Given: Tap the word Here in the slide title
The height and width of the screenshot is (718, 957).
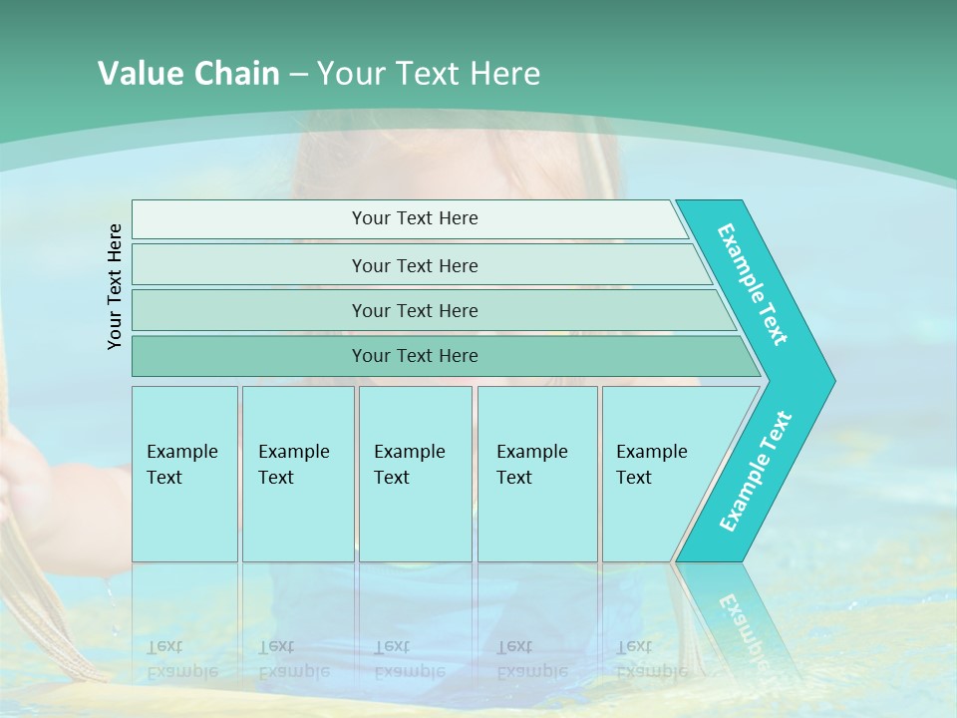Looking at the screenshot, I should [x=504, y=73].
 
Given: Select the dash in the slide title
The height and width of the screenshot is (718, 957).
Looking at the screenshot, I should [x=298, y=74].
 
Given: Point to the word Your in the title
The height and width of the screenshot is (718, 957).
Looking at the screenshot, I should [x=350, y=73].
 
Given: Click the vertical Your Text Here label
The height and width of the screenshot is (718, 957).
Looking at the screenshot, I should [x=115, y=286].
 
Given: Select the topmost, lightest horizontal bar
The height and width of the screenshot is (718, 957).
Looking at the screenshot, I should [x=415, y=218].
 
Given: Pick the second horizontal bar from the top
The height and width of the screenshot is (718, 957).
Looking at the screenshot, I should [x=415, y=265].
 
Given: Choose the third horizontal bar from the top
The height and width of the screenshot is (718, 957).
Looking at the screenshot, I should [x=415, y=310].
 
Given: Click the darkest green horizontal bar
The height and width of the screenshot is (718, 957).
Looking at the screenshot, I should [x=415, y=356].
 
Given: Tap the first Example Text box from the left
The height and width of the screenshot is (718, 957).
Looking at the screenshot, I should [x=184, y=474].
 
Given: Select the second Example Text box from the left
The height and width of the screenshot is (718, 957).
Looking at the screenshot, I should [x=298, y=474].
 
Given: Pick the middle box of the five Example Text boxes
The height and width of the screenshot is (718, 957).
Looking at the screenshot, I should [x=415, y=474].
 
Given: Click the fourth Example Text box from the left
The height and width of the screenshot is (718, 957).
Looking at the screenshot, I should [x=537, y=474].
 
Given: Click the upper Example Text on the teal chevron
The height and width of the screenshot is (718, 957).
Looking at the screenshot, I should [x=753, y=285].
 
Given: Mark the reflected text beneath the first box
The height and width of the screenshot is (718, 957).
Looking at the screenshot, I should [x=181, y=658].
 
